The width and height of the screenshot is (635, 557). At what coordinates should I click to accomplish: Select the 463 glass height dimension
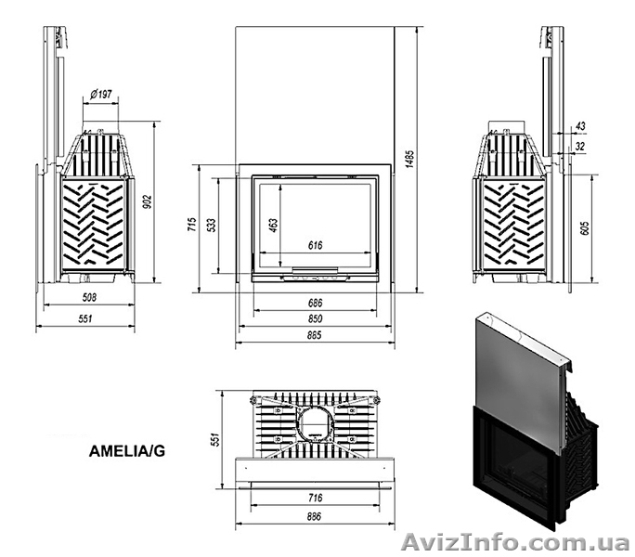(275, 227)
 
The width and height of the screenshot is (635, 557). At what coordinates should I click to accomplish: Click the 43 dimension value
(580, 124)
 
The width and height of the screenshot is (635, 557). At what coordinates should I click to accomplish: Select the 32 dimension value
(580, 146)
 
